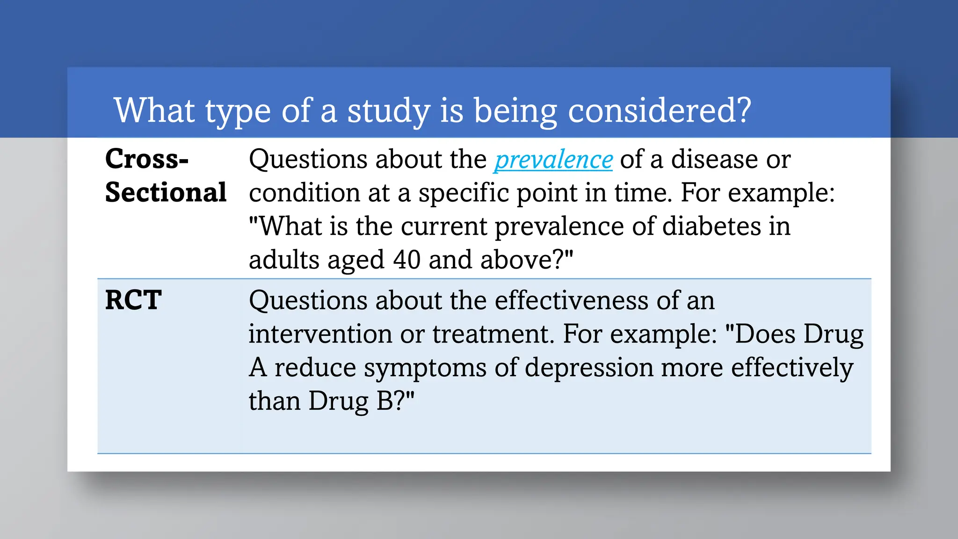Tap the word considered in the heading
click(x=659, y=111)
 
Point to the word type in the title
click(x=238, y=111)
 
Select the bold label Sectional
click(x=166, y=192)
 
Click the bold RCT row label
click(x=133, y=300)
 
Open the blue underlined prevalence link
click(x=553, y=160)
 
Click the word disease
click(x=714, y=159)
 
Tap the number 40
click(x=406, y=260)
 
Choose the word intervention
click(x=320, y=334)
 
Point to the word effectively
click(x=792, y=368)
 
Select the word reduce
click(x=315, y=368)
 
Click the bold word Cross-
click(x=147, y=159)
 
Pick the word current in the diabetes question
click(x=444, y=226)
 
